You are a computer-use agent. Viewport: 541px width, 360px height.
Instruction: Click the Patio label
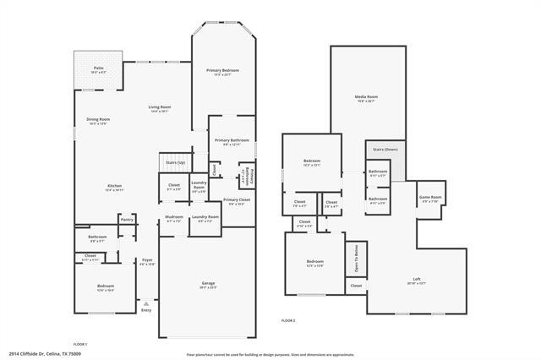(x=99, y=68)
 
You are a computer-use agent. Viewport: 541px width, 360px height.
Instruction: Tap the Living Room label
(x=160, y=107)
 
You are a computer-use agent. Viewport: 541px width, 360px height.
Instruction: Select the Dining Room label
(x=98, y=120)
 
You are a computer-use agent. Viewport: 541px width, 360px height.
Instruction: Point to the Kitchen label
(x=114, y=187)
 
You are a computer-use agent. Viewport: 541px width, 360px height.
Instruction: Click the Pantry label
(x=127, y=220)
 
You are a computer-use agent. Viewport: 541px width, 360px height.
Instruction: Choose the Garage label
(x=208, y=282)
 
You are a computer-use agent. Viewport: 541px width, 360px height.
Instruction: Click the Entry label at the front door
(x=146, y=310)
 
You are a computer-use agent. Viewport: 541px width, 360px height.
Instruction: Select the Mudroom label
(x=174, y=217)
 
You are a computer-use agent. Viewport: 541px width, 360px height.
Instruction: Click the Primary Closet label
(x=234, y=200)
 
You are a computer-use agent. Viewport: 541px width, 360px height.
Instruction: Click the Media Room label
(x=366, y=97)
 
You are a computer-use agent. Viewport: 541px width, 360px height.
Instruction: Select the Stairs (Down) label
(x=385, y=149)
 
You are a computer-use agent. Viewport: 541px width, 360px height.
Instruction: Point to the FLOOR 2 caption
(x=289, y=321)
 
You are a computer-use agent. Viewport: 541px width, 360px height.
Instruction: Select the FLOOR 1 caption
(x=80, y=343)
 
